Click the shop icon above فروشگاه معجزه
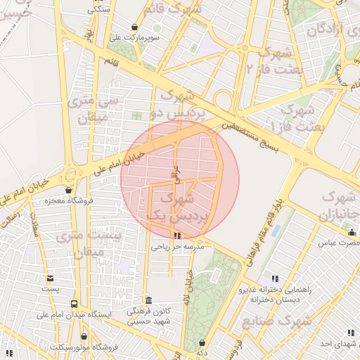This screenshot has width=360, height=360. [68, 190]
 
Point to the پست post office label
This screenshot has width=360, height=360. [50, 289]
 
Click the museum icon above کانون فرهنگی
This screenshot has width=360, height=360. [148, 300]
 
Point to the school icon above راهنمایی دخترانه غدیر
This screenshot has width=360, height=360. [274, 278]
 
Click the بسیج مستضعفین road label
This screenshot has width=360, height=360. [254, 136]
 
